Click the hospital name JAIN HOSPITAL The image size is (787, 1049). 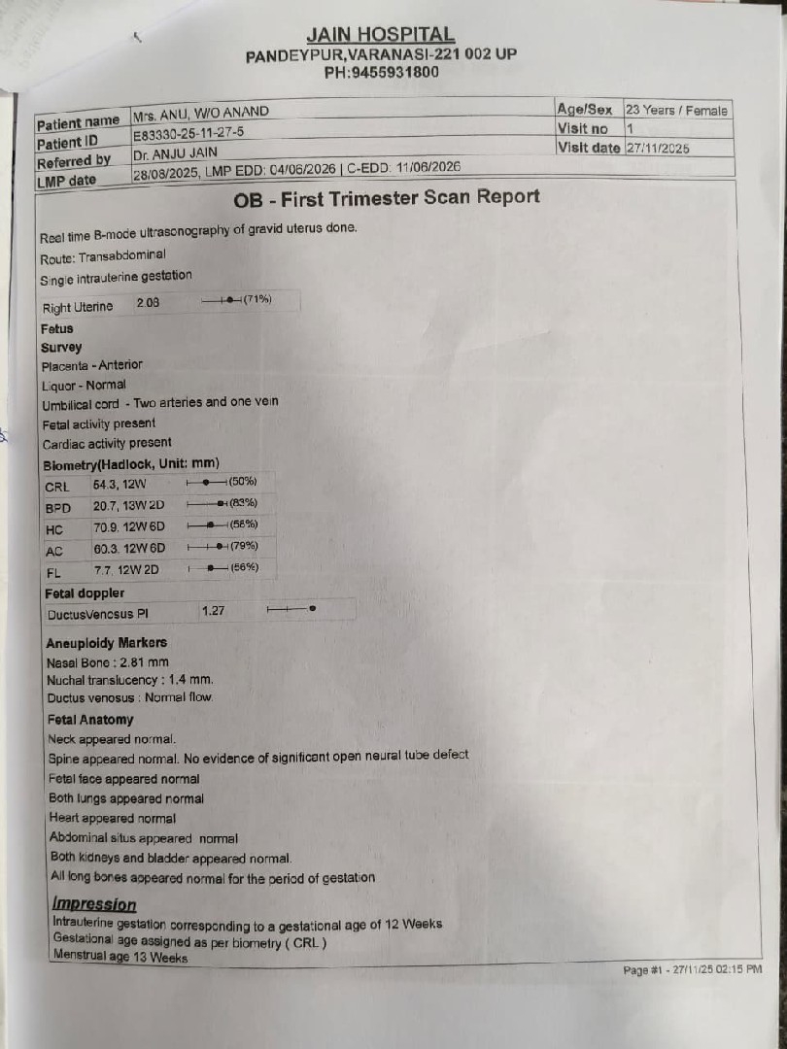tap(380, 36)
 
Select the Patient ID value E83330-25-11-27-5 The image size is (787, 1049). tap(188, 132)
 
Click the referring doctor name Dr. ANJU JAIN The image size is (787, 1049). tap(176, 152)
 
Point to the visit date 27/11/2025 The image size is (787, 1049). tap(658, 149)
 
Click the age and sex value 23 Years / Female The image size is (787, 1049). tap(676, 110)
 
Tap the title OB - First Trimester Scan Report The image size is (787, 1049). tap(387, 198)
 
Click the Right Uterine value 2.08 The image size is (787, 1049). tap(149, 303)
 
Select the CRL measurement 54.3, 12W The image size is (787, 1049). tap(120, 484)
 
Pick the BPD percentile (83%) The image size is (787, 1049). tap(243, 502)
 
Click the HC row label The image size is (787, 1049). tap(54, 529)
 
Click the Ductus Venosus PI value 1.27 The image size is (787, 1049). tap(213, 611)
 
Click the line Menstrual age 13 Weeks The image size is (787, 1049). tap(120, 958)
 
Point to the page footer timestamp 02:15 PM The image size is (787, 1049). tap(740, 969)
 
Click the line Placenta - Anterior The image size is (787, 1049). tap(91, 365)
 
